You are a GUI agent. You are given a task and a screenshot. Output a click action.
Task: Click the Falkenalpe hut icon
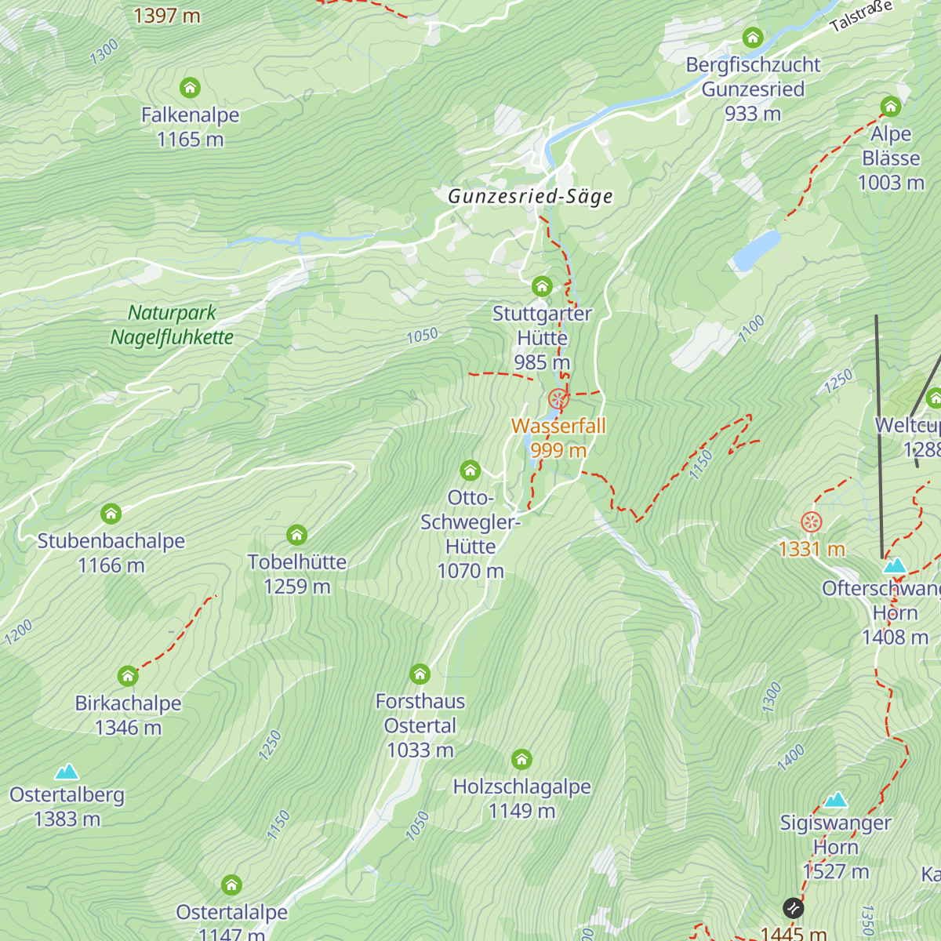tap(190, 87)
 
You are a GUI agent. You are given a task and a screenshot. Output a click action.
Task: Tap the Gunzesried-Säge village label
tap(530, 196)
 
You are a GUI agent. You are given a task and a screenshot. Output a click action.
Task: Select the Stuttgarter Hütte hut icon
tap(542, 286)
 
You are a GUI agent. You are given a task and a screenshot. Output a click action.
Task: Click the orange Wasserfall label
tap(558, 426)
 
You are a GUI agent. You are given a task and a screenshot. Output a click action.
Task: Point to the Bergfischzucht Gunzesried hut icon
tap(753, 38)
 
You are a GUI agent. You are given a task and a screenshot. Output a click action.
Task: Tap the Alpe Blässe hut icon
tap(890, 106)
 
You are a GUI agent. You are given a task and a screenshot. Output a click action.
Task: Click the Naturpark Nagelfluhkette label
tap(172, 325)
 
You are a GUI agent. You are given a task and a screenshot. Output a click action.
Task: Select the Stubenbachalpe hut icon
tap(111, 514)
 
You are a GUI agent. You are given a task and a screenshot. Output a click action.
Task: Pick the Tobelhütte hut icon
tap(296, 535)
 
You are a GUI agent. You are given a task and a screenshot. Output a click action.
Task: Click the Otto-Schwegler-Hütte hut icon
tap(470, 470)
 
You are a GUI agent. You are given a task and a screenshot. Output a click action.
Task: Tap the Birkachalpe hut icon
tap(128, 676)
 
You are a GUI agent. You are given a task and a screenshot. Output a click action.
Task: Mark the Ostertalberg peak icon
tap(67, 772)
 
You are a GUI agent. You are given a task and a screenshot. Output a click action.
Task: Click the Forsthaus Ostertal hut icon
tap(420, 674)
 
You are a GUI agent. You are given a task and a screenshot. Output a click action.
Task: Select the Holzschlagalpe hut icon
tap(521, 759)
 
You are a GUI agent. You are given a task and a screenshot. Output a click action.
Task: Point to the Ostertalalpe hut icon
tap(231, 885)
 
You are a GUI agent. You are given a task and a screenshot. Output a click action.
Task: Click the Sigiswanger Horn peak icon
tap(835, 800)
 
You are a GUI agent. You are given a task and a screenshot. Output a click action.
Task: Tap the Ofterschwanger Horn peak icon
tap(894, 565)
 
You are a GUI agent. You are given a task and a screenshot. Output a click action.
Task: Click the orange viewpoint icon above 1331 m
tap(811, 521)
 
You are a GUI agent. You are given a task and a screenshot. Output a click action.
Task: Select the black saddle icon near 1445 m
tap(793, 908)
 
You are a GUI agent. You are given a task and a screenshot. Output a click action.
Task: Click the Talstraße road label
tap(861, 16)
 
